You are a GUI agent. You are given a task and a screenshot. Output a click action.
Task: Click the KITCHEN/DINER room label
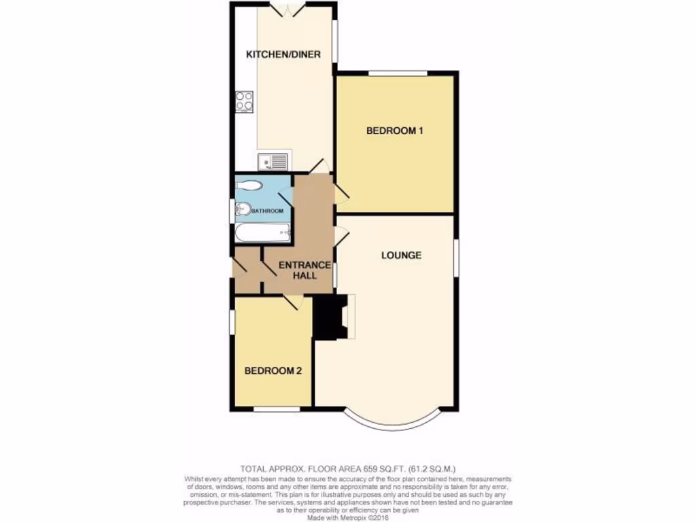[x=283, y=54]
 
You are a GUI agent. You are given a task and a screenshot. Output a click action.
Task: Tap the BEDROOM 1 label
[x=395, y=130]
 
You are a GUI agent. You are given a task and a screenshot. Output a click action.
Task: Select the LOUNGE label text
[x=401, y=256]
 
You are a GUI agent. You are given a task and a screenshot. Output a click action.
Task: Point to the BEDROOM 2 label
[x=273, y=371]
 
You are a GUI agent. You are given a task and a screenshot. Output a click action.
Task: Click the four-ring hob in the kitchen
[x=244, y=101]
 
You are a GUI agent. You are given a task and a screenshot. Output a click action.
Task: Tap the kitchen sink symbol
[x=276, y=162]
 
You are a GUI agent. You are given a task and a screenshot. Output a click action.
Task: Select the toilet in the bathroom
[x=247, y=185]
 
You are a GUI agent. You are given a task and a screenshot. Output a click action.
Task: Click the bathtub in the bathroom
[x=262, y=233]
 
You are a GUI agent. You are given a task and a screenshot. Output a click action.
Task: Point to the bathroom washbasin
[x=241, y=209]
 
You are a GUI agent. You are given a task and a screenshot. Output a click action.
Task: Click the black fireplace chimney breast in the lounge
[x=330, y=316]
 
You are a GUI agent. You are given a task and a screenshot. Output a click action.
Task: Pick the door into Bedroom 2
[x=292, y=302]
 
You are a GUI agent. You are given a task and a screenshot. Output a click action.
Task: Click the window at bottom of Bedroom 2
[x=277, y=409]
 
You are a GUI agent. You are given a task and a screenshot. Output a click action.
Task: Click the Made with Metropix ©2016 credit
[x=347, y=517]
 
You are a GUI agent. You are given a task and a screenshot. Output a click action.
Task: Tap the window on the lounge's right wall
[x=455, y=258]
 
